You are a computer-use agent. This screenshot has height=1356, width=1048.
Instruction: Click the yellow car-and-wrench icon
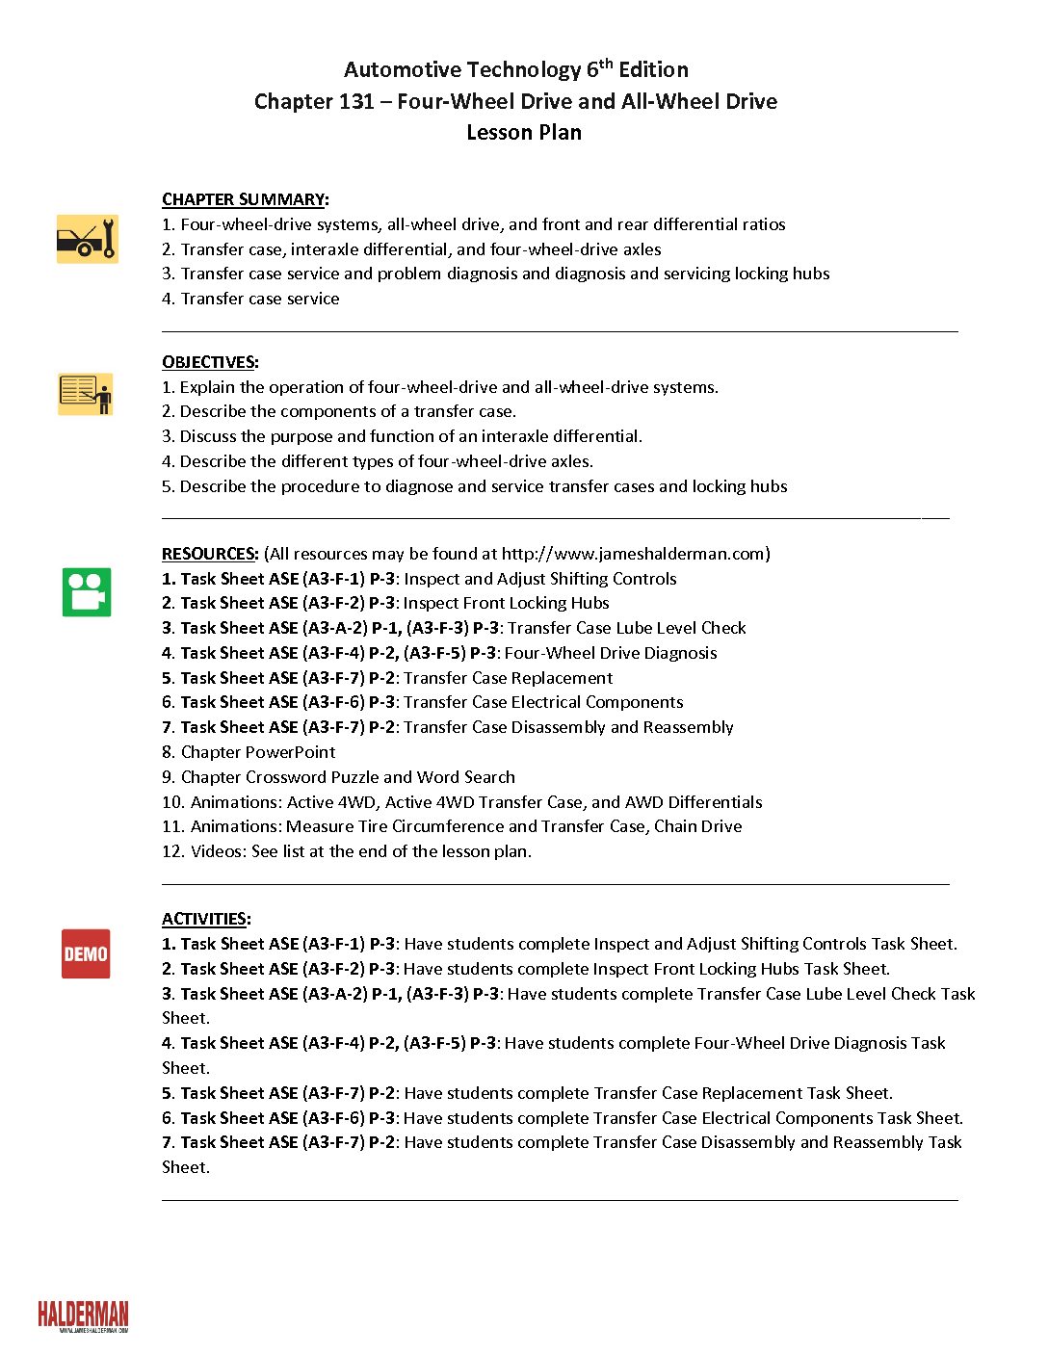pos(87,239)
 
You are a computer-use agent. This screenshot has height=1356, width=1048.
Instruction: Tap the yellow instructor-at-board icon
pos(86,394)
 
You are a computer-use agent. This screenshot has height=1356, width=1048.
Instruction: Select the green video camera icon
pos(87,591)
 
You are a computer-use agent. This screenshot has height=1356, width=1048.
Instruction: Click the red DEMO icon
pos(86,953)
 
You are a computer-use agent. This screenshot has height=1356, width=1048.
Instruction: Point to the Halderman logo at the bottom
pos(83,1316)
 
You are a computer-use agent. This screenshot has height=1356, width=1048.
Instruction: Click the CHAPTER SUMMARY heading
pos(243,199)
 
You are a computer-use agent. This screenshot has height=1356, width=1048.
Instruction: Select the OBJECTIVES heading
pos(208,362)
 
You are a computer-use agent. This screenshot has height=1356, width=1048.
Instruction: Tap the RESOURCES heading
pos(209,554)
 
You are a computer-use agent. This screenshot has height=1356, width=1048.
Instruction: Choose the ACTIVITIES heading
pos(204,919)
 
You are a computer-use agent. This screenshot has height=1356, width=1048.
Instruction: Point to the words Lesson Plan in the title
pos(524,132)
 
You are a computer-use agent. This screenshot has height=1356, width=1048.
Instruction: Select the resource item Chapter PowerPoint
pos(258,752)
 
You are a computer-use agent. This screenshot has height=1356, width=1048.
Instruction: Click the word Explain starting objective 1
pos(207,387)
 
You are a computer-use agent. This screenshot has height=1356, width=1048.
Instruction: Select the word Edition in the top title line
pos(653,69)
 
